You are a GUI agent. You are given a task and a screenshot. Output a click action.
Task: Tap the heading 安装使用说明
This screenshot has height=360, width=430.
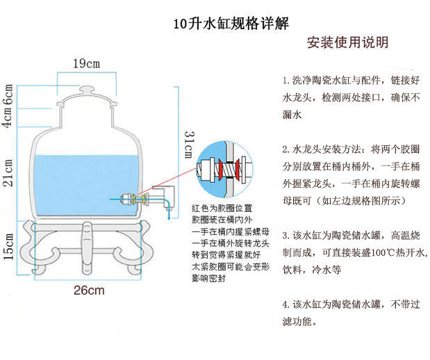click(x=347, y=43)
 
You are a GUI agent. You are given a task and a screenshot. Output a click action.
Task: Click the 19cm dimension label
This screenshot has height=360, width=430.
click(x=87, y=64)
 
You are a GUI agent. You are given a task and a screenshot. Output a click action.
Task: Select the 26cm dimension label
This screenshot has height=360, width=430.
click(x=89, y=290)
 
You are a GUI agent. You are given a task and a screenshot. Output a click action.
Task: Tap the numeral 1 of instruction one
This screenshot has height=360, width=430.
click(x=286, y=80)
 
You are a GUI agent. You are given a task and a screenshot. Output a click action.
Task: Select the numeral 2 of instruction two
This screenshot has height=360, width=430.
click(x=286, y=149)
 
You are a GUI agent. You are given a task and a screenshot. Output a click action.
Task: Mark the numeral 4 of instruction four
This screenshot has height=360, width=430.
click(x=286, y=304)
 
